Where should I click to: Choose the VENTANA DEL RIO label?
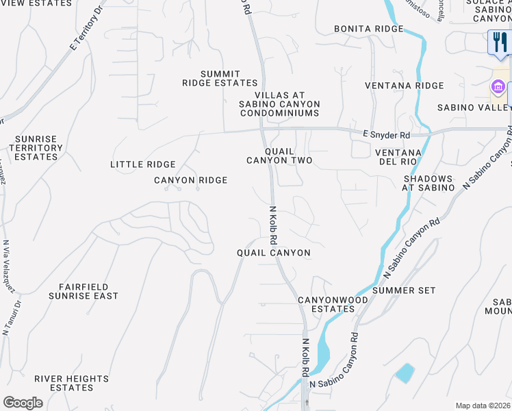[x=402, y=156]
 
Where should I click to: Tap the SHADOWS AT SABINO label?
[x=428, y=183]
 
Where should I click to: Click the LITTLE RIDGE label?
[x=143, y=164]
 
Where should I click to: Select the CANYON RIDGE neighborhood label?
[x=190, y=180]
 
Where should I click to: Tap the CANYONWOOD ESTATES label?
[x=327, y=305]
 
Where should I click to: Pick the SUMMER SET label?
[x=404, y=290]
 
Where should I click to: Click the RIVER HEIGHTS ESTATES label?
[x=71, y=383]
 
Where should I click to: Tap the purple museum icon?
[x=498, y=88]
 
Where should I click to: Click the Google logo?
[x=23, y=402]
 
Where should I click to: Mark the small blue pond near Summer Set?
[x=404, y=373]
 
